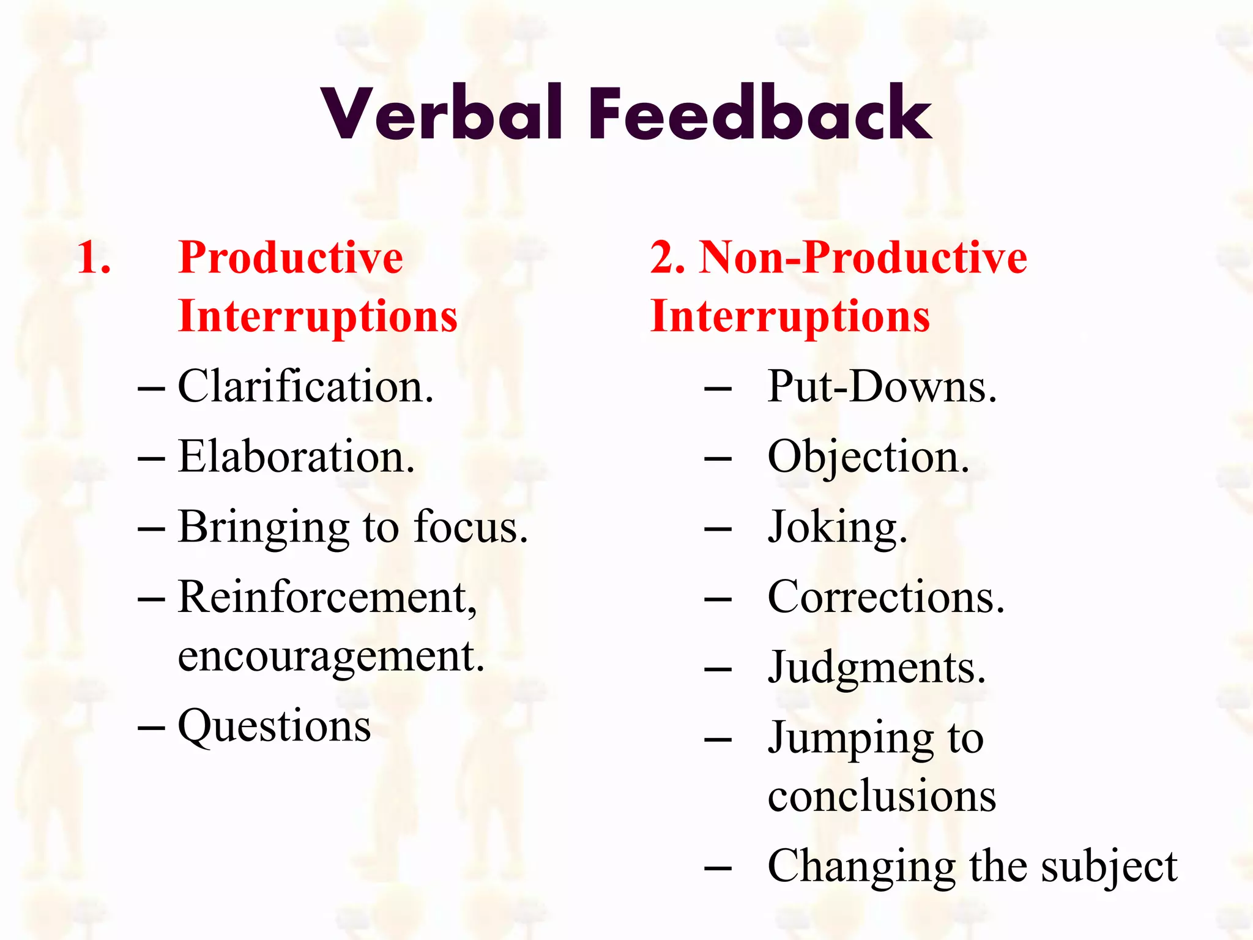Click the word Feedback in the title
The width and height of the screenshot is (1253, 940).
click(760, 114)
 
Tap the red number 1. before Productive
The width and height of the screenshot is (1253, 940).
click(94, 257)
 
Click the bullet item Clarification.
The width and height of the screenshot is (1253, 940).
click(305, 387)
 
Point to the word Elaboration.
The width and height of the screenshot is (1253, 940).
click(296, 457)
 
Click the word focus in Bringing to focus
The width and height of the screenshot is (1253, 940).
click(470, 527)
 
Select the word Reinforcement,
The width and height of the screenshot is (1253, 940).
click(327, 597)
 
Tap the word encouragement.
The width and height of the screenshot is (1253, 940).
click(330, 657)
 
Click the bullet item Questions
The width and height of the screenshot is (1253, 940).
click(274, 727)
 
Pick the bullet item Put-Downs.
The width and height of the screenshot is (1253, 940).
click(882, 387)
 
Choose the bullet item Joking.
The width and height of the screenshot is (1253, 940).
click(837, 528)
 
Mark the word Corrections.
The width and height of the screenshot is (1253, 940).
click(885, 597)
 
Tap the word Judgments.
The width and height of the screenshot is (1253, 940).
click(876, 668)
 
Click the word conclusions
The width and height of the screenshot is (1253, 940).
click(882, 797)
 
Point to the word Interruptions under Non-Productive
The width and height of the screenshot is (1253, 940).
click(789, 317)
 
